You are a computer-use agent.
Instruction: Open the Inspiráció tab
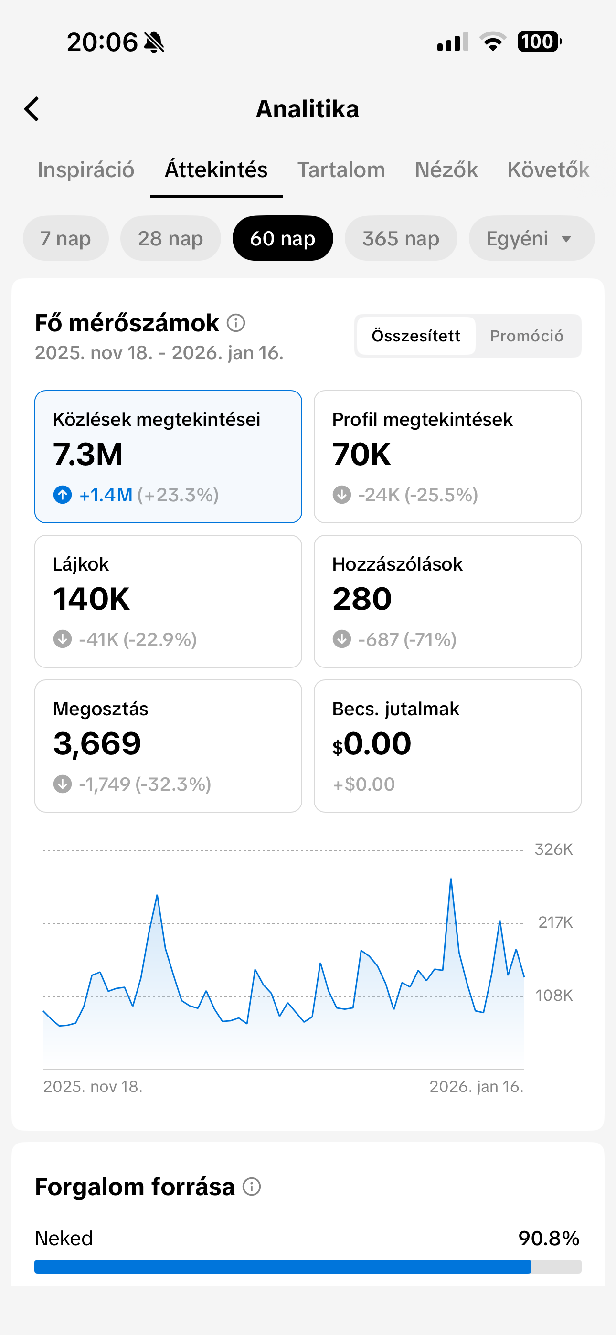click(x=86, y=170)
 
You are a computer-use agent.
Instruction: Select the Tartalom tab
click(x=340, y=170)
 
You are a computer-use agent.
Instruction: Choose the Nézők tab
click(x=446, y=170)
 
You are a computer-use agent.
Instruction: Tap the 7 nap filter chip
click(x=65, y=238)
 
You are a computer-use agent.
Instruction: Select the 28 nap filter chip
click(x=170, y=238)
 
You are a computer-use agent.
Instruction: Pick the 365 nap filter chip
click(x=400, y=238)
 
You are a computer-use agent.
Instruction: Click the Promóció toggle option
click(x=526, y=336)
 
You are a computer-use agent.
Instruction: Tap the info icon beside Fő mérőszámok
click(x=236, y=323)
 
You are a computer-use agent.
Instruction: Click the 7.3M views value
click(x=88, y=455)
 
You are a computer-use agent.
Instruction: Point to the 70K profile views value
click(x=361, y=455)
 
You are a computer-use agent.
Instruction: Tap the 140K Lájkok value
click(x=91, y=599)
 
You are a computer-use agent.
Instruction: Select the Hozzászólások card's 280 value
click(x=362, y=599)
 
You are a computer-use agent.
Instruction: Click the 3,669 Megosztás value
click(x=97, y=744)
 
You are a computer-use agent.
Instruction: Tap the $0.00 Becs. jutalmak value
click(x=372, y=744)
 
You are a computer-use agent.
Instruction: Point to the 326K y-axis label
click(x=553, y=849)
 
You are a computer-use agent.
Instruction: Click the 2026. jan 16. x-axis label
click(x=476, y=1086)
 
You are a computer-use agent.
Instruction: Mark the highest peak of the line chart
click(x=451, y=879)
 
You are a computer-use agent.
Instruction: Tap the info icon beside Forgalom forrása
click(x=252, y=1186)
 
